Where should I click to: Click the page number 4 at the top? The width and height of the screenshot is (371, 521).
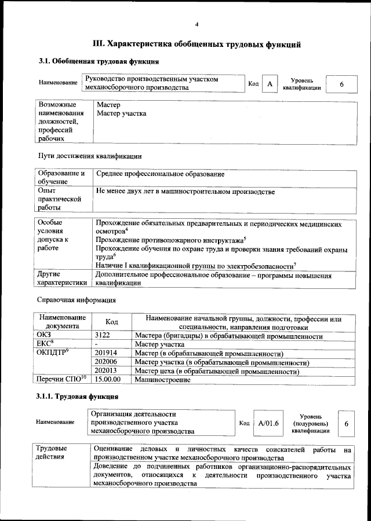pyautogui.click(x=197, y=24)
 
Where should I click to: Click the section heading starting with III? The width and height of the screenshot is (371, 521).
pyautogui.click(x=197, y=44)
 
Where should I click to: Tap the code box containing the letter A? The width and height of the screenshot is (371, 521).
pyautogui.click(x=270, y=85)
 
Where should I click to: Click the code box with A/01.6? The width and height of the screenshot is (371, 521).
pyautogui.click(x=268, y=424)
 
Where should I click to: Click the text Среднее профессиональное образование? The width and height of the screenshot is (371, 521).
pyautogui.click(x=160, y=174)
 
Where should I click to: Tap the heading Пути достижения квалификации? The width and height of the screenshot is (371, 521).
pyautogui.click(x=89, y=156)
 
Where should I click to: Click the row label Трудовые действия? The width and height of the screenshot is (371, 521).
pyautogui.click(x=52, y=453)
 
